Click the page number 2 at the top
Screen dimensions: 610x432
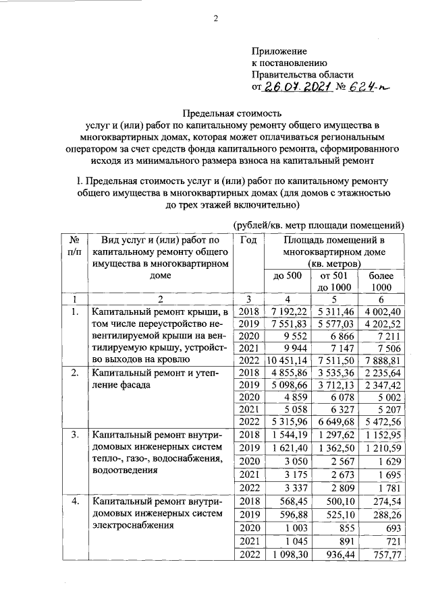(217, 19)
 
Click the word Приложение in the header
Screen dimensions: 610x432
(279, 51)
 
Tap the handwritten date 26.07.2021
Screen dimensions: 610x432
(295, 87)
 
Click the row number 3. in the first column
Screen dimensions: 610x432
(75, 437)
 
